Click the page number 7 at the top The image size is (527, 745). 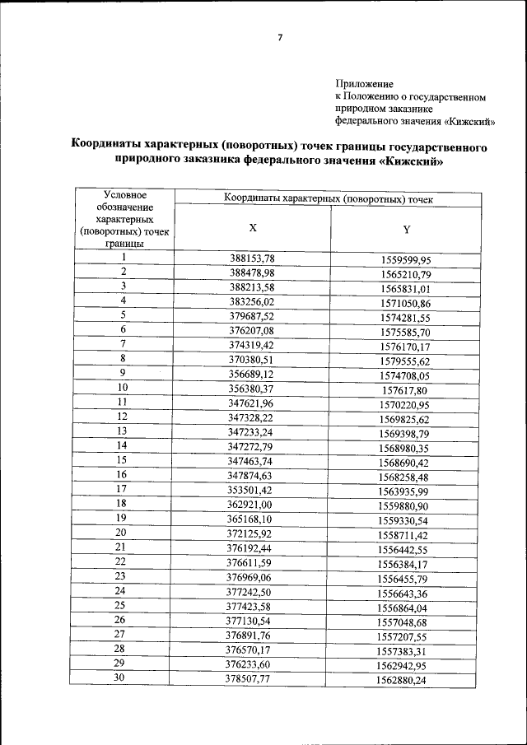point(279,39)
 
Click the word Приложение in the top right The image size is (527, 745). point(365,84)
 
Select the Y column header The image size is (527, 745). point(406,229)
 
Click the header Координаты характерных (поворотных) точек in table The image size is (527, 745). point(329,199)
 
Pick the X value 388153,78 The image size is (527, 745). point(252,258)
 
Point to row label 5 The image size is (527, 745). point(124,314)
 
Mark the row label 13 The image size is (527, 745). point(123,430)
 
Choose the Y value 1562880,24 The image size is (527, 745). point(405,681)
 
